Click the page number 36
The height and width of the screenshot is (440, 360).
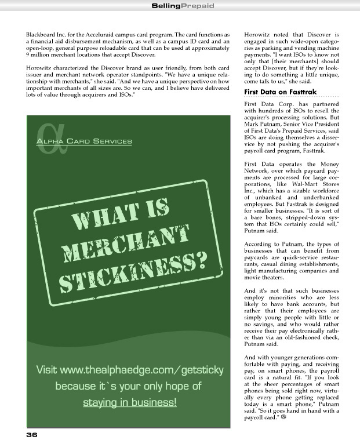click(x=31, y=433)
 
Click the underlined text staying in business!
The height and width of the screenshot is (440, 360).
click(x=129, y=402)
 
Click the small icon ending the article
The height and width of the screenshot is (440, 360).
click(x=284, y=417)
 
